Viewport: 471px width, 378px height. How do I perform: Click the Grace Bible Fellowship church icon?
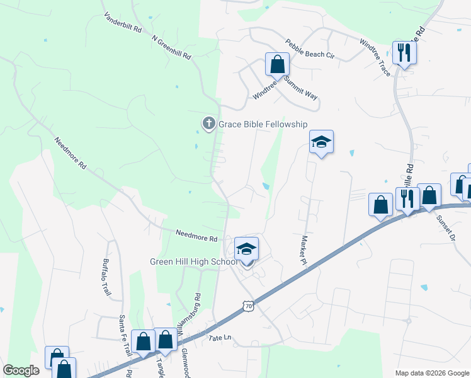coord(209,123)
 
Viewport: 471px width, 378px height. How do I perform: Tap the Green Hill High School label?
coord(193,262)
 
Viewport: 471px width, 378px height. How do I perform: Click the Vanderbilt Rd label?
coord(123,22)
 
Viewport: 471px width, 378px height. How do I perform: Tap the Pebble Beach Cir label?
coord(309,48)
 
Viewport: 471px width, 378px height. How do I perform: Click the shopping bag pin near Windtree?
coord(277,64)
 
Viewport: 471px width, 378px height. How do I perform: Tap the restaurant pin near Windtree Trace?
coord(404,52)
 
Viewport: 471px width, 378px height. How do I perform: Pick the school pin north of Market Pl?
coord(321,143)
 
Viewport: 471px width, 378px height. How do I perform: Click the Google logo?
coord(21,370)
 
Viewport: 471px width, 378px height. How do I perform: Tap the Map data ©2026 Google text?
coord(432,372)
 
